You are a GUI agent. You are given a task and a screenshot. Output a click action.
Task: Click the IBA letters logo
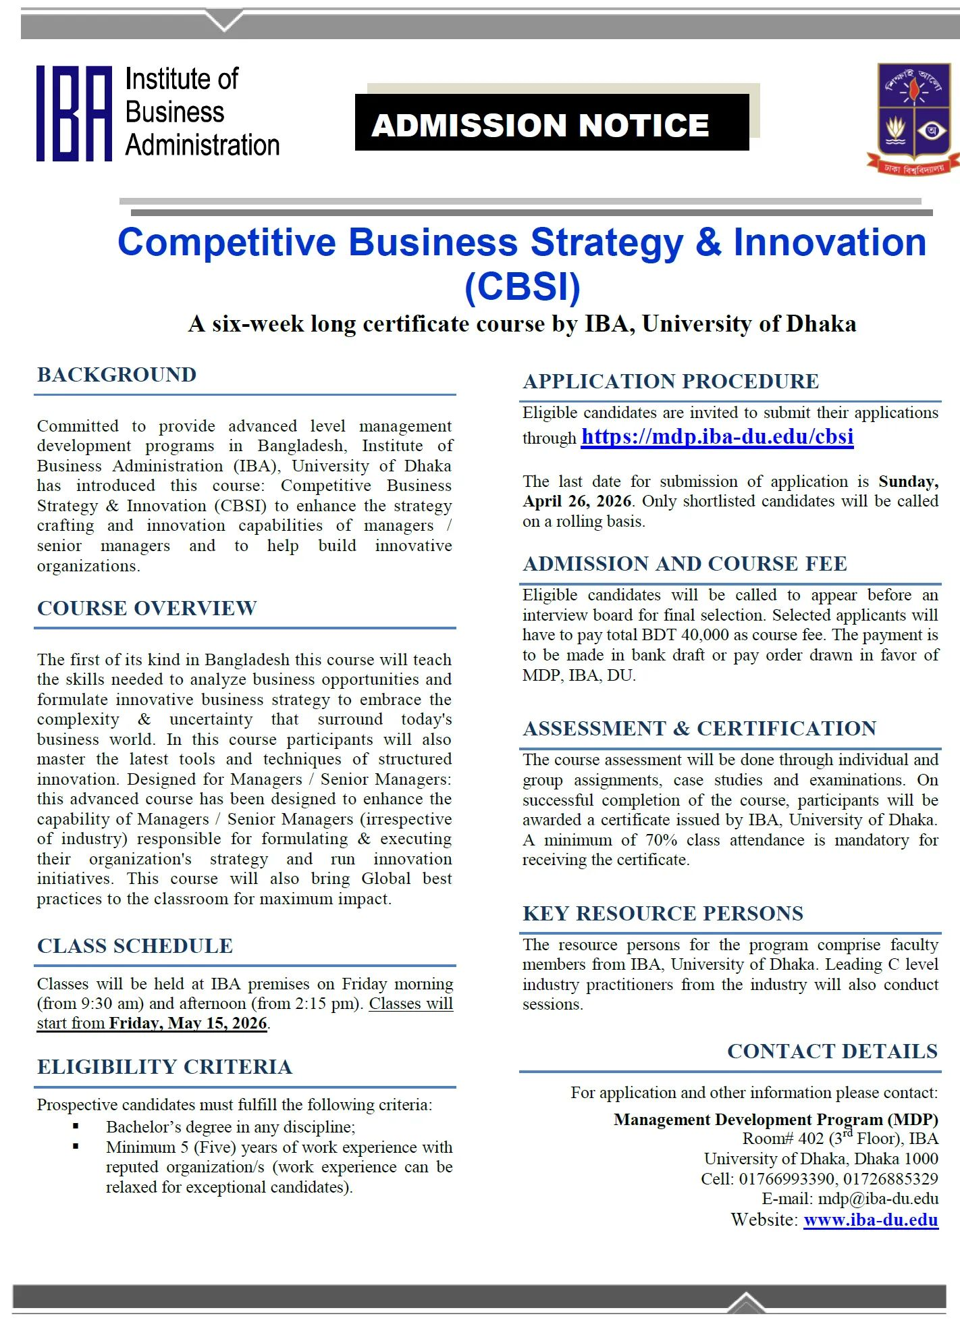[74, 113]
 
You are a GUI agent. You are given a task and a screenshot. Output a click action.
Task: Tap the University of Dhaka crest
[913, 118]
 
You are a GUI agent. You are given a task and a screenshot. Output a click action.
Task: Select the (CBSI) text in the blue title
[523, 286]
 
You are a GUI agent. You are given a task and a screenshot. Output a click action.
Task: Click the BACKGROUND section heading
[117, 375]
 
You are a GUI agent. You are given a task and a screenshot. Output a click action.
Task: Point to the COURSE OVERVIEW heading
[146, 608]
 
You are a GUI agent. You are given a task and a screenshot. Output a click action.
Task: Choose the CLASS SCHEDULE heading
[135, 946]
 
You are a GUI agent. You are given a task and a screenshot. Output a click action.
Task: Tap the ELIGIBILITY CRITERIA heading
[165, 1067]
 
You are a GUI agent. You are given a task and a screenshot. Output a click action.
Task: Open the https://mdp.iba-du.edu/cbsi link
[717, 437]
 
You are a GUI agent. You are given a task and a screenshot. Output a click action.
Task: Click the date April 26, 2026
[577, 502]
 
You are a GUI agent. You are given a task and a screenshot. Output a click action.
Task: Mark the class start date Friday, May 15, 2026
[188, 1023]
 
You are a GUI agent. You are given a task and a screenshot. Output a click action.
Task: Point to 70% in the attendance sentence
[662, 840]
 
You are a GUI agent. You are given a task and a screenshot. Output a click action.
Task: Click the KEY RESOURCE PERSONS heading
[663, 914]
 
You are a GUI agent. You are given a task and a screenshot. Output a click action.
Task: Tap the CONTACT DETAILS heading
[832, 1051]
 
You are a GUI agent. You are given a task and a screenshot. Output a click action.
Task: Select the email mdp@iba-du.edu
[878, 1199]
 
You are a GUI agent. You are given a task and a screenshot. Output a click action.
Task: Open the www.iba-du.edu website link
[871, 1220]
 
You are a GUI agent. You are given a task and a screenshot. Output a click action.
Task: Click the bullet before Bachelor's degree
[76, 1126]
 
